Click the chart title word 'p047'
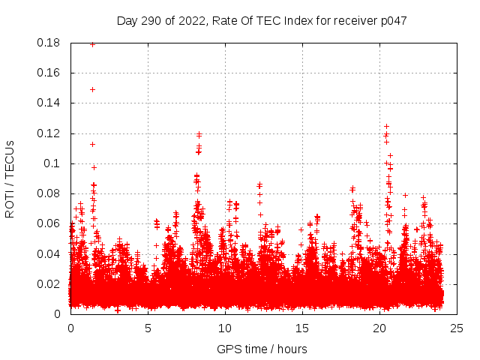[x=392, y=21]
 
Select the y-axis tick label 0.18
[x=49, y=43]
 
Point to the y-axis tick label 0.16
[x=49, y=73]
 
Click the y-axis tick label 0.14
[x=49, y=103]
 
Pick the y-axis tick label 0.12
[x=49, y=133]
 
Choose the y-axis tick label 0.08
[x=49, y=193]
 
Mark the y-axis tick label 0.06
[x=49, y=223]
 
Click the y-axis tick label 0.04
[x=49, y=253]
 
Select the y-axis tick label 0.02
[x=49, y=283]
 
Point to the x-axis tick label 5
[x=148, y=328]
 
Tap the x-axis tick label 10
[x=225, y=328]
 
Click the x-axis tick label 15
[x=302, y=328]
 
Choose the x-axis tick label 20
[x=379, y=328]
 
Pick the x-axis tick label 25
[x=457, y=328]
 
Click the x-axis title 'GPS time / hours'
[x=262, y=349]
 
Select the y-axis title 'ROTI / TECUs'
[x=10, y=178]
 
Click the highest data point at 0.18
[x=92, y=44]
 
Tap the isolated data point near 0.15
[x=92, y=89]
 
